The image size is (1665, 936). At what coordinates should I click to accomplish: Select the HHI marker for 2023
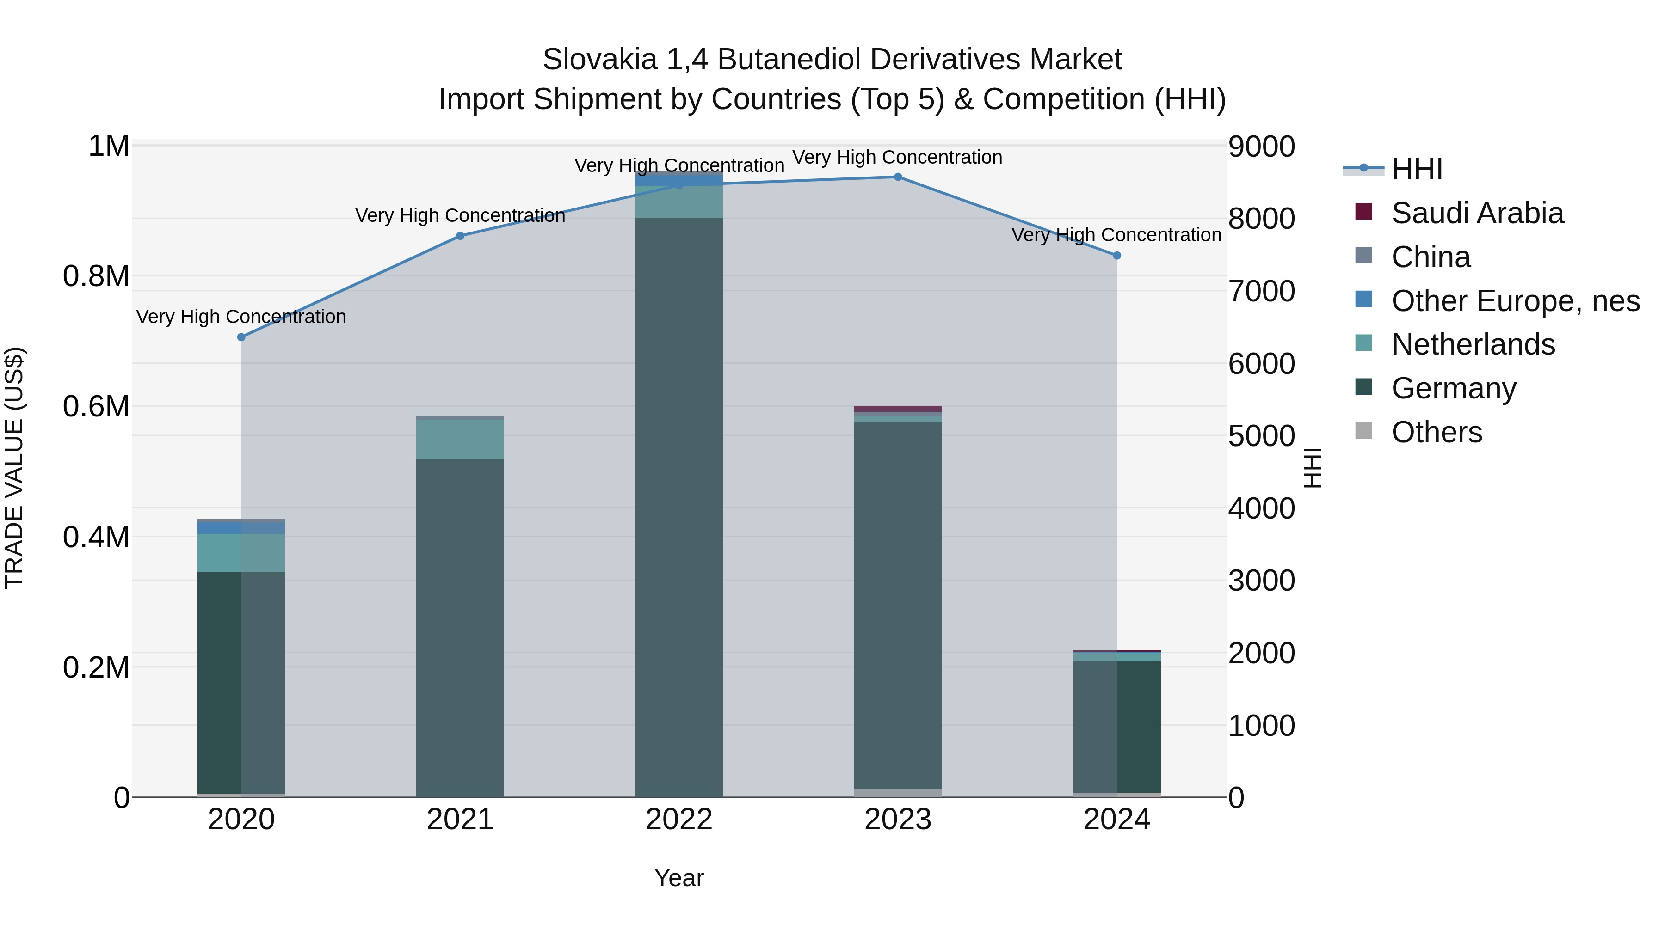coord(898,177)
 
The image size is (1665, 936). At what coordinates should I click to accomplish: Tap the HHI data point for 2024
coord(1116,256)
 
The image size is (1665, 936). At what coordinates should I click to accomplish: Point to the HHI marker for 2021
coord(460,236)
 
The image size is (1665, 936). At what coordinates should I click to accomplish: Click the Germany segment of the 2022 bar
coord(678,504)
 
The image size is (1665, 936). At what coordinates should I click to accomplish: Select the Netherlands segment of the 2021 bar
coord(460,439)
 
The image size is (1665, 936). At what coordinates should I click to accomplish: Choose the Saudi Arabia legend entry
coord(1477,213)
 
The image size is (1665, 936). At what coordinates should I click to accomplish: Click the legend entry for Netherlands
coord(1473,344)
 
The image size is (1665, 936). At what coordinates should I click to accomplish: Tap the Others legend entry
coord(1436,432)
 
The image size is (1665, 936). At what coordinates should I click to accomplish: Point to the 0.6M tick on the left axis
coord(96,406)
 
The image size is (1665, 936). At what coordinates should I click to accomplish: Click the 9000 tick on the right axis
coord(1261,147)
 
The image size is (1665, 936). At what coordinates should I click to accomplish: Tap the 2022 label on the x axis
coord(678,820)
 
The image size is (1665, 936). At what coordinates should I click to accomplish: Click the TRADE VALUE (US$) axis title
coord(14,468)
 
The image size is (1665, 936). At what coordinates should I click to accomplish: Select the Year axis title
coord(678,878)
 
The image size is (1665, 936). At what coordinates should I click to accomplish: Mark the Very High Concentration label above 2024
coord(1116,234)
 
